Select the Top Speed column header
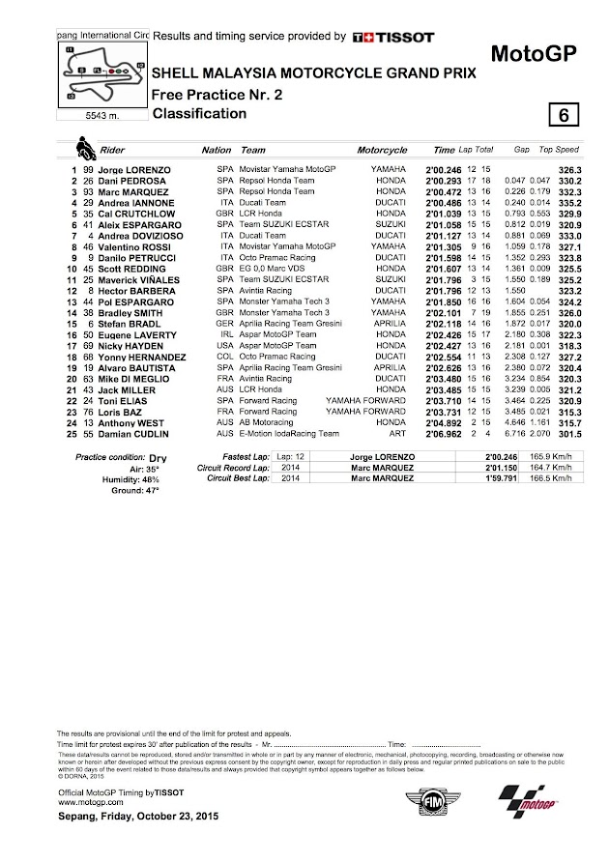(x=559, y=151)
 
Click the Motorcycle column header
(x=381, y=151)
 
